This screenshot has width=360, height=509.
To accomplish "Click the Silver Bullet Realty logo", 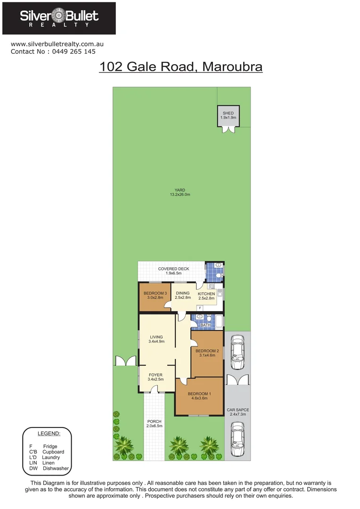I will pyautogui.click(x=59, y=18).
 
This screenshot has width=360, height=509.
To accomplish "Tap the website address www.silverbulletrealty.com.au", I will pyautogui.click(x=57, y=44).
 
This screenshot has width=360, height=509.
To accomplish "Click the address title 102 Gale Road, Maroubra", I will pyautogui.click(x=180, y=67).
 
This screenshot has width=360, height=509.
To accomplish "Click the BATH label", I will pyautogui.click(x=206, y=325).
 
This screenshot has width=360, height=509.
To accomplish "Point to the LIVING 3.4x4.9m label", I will pyautogui.click(x=156, y=339).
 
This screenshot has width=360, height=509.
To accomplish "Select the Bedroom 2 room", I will pyautogui.click(x=207, y=353).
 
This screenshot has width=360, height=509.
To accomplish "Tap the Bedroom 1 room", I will pyautogui.click(x=199, y=396).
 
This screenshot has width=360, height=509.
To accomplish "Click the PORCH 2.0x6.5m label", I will pyautogui.click(x=155, y=423).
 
